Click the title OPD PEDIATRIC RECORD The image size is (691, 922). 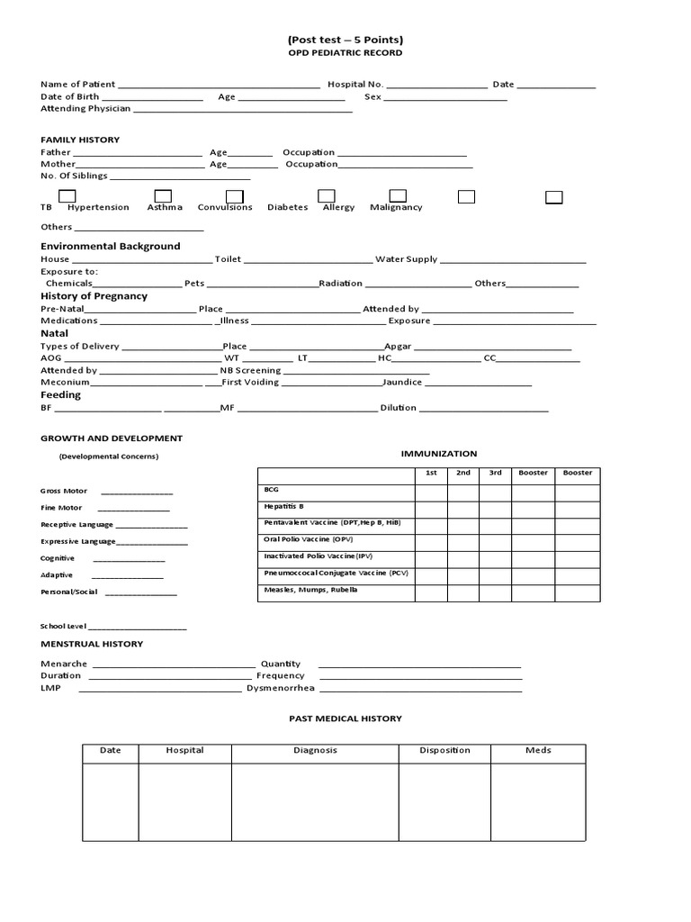coord(345,53)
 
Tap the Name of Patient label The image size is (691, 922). coord(78,84)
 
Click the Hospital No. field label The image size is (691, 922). coord(355,84)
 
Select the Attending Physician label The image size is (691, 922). coord(85,108)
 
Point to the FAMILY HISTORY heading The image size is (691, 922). coord(80,140)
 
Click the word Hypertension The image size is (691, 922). coord(98,207)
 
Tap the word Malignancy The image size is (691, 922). coord(396,207)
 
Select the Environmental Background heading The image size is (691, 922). coord(111,246)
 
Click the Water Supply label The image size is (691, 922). coord(406,259)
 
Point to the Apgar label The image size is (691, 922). coord(398,346)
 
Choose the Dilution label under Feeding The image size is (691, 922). coord(399,408)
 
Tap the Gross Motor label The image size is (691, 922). coord(64,492)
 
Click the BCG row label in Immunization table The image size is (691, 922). coord(272,489)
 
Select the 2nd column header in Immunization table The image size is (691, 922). coord(463,473)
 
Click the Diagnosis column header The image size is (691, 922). coord(315,750)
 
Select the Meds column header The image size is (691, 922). coord(538,750)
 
